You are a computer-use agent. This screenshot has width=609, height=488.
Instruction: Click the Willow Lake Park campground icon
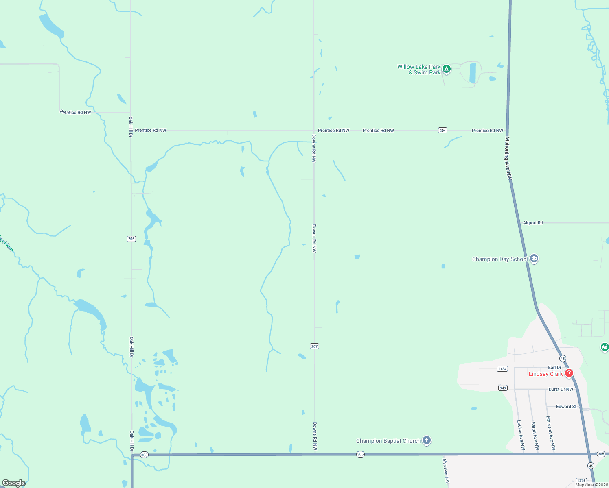click(x=447, y=69)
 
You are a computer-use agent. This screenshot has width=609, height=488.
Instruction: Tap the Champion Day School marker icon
click(x=534, y=259)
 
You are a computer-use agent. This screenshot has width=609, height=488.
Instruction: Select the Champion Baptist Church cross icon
click(x=426, y=440)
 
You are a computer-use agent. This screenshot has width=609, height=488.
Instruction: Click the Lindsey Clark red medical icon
click(x=569, y=373)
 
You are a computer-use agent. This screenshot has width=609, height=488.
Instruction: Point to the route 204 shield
click(x=443, y=131)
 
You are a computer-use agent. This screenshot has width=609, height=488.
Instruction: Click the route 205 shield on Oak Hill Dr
click(x=131, y=239)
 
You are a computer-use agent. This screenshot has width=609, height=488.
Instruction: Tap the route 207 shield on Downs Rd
click(x=314, y=346)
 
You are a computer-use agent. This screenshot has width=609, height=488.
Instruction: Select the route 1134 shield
click(x=502, y=369)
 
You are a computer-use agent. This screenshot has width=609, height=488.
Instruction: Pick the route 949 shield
click(x=503, y=388)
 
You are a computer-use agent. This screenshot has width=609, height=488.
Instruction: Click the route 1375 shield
click(x=581, y=481)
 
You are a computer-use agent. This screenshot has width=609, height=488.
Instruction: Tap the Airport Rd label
click(x=533, y=223)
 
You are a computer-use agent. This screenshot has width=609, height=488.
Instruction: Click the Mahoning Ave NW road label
click(x=508, y=159)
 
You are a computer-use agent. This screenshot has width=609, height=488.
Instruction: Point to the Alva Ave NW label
click(x=446, y=471)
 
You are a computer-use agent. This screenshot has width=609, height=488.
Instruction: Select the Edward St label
click(x=566, y=407)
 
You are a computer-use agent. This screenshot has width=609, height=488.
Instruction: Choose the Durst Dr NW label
click(x=561, y=389)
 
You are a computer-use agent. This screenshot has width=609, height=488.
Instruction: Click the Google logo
click(x=13, y=483)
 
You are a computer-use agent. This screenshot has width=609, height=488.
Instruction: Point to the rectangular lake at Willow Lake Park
click(x=473, y=73)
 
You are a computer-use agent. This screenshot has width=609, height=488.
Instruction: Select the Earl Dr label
click(x=554, y=368)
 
